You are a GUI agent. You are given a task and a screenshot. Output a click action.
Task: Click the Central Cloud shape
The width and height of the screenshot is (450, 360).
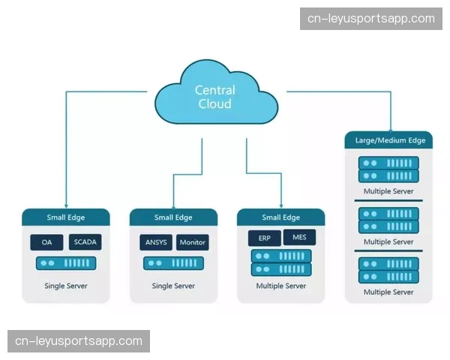tap(214, 96)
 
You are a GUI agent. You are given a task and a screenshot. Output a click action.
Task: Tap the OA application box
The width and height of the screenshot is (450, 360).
tap(46, 243)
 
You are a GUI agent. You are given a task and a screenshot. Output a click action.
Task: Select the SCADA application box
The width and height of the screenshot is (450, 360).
tap(85, 242)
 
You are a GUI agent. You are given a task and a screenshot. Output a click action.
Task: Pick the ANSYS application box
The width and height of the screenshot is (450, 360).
tap(155, 242)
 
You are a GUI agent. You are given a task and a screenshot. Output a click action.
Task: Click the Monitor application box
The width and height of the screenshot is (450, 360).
tap(192, 242)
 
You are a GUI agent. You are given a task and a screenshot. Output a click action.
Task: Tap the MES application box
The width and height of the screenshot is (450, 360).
tap(300, 238)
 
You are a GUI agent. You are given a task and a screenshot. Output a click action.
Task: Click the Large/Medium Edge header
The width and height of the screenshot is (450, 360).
tap(389, 140)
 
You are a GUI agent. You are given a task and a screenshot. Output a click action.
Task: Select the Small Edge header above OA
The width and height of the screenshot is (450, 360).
tap(66, 217)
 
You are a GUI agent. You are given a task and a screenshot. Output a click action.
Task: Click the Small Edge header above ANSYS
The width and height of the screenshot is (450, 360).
tap(173, 217)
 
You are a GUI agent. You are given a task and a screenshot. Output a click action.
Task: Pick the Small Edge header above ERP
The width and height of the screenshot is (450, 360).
tap(280, 217)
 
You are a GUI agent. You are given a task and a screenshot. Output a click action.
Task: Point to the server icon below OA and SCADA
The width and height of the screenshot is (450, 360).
tap(66, 264)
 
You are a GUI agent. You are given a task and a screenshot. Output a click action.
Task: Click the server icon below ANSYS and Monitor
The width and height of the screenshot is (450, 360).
tap(173, 264)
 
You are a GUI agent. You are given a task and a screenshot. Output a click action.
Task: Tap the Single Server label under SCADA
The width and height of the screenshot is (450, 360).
tap(66, 286)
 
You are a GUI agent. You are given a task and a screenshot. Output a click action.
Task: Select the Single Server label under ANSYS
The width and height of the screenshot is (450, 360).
tap(173, 286)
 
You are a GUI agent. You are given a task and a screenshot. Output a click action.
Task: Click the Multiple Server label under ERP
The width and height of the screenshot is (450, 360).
tap(280, 286)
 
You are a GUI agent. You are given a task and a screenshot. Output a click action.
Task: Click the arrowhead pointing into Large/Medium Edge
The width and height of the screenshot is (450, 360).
tap(389, 127)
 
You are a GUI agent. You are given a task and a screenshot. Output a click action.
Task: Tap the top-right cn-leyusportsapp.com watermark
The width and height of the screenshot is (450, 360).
tap(372, 19)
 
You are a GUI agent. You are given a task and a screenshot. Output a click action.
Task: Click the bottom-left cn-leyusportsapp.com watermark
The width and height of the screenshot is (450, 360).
tap(79, 341)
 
